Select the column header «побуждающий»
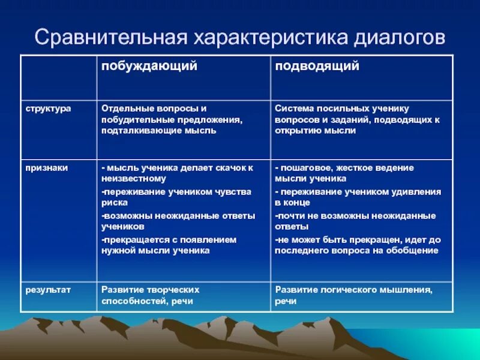(x=149, y=66)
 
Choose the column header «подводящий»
(x=317, y=66)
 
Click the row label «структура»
(x=48, y=109)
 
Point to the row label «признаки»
(x=46, y=168)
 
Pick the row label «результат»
(x=48, y=290)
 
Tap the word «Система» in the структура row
(x=294, y=109)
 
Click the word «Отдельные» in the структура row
(x=124, y=109)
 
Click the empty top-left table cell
(x=58, y=77)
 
